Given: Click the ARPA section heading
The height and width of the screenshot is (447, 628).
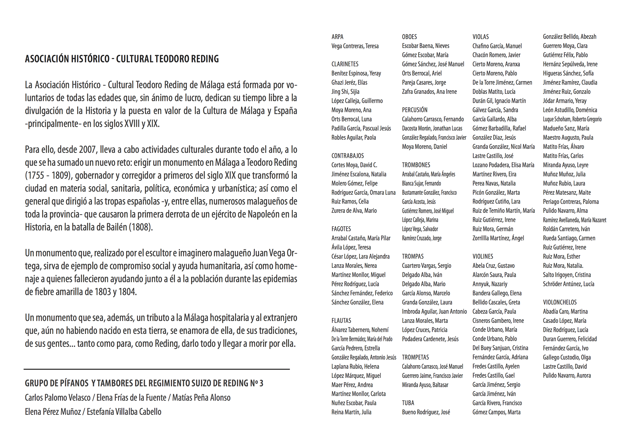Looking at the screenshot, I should [x=337, y=37].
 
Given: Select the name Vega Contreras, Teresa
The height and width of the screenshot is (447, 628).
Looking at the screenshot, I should [x=355, y=46].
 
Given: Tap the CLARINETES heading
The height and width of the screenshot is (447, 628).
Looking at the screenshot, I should [x=345, y=64].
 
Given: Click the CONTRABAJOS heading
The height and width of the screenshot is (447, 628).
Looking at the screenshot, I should [x=347, y=156].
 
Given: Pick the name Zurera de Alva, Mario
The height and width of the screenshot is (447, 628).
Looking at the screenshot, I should [x=354, y=210].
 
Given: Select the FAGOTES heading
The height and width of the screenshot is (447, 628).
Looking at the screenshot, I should [x=341, y=229].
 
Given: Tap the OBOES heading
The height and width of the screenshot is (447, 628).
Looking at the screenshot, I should [x=409, y=37].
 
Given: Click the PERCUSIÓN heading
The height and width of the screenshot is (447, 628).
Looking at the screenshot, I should [x=415, y=110].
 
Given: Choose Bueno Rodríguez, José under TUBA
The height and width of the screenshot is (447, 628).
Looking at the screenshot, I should [x=426, y=412].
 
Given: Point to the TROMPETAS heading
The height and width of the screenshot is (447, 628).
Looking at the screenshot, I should [x=415, y=357].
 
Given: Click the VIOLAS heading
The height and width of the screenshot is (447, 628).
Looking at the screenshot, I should [x=480, y=37].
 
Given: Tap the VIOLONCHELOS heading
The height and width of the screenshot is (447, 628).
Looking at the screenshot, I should [x=560, y=302].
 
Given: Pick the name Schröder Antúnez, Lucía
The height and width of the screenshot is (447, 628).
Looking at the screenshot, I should [x=568, y=284].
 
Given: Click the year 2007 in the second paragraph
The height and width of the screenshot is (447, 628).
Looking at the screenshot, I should [x=87, y=150].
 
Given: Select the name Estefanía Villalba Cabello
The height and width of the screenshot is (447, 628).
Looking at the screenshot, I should [x=124, y=412].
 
